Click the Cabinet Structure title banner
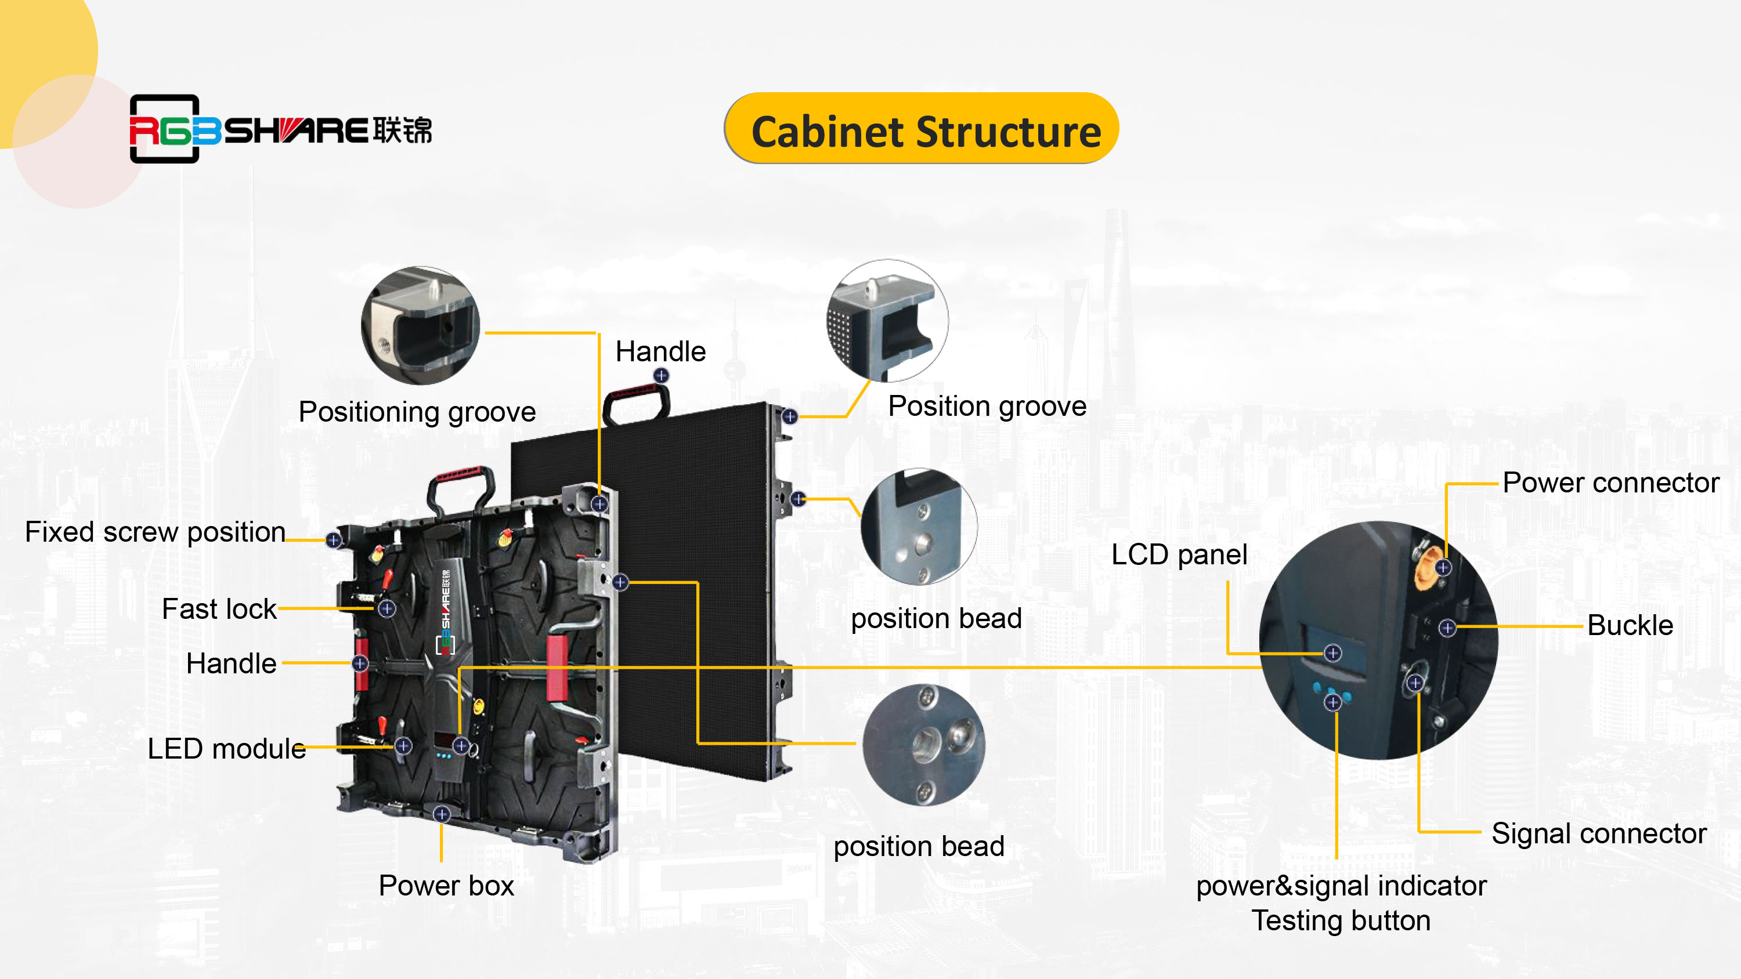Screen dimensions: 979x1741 click(921, 129)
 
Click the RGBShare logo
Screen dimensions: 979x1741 click(280, 129)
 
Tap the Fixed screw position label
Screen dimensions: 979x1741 click(155, 532)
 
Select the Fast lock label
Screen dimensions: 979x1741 click(219, 610)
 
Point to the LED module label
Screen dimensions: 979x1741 click(226, 749)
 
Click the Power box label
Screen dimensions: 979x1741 click(446, 886)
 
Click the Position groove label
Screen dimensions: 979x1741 click(987, 407)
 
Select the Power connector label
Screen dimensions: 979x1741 click(1610, 483)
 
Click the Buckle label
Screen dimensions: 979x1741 click(1630, 626)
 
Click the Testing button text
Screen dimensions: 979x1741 click(1341, 921)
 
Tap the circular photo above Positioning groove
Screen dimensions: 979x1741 click(420, 326)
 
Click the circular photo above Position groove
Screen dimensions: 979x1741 click(887, 320)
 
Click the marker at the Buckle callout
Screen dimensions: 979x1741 click(1447, 628)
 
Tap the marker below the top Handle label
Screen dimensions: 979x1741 click(661, 376)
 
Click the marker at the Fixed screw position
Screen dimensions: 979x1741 click(333, 540)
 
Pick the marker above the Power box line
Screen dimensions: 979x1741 click(441, 814)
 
